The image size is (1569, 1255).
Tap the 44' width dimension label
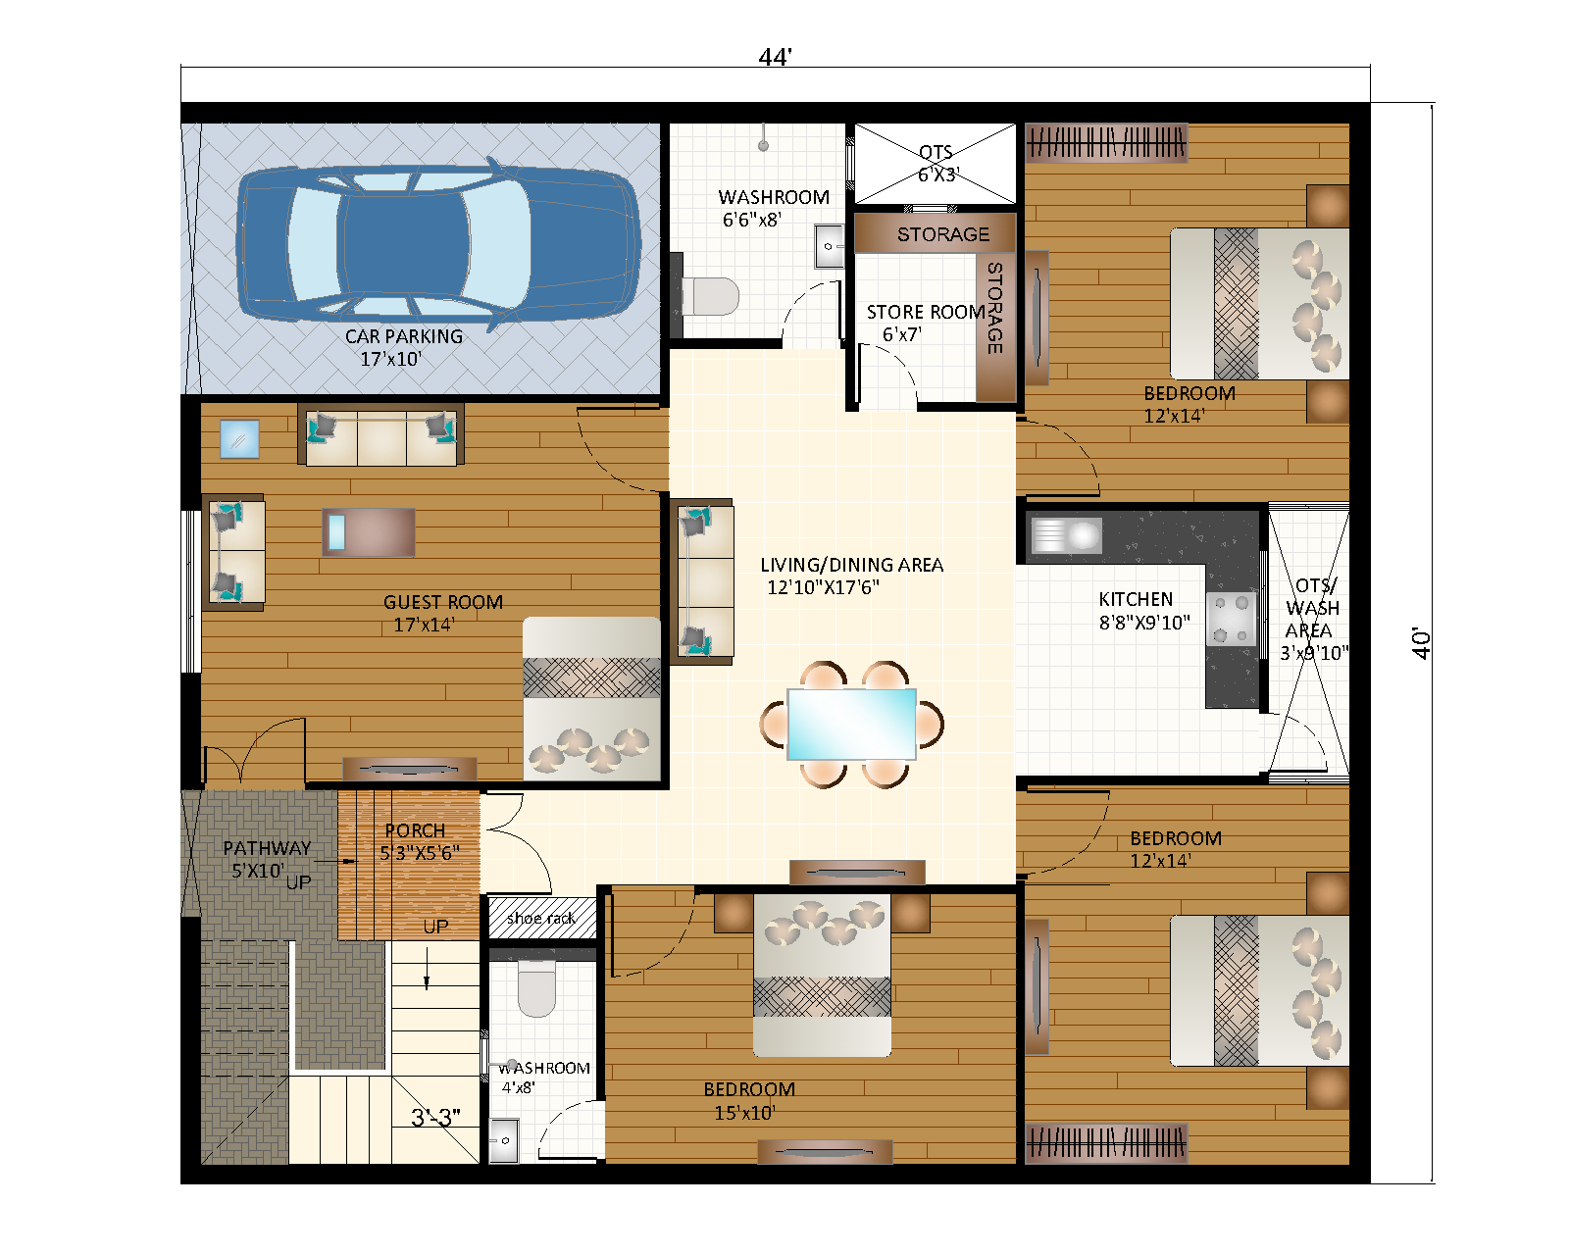coord(774,58)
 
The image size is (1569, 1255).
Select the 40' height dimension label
coord(1421,643)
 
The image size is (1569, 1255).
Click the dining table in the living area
coord(851,724)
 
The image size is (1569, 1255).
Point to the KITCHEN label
coord(1136,599)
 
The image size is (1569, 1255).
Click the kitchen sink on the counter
coord(1067,535)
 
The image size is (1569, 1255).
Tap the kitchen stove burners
coord(1232,619)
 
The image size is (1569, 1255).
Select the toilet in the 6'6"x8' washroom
coord(709,295)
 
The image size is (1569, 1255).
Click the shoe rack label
coord(541,918)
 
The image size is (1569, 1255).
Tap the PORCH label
coord(415,830)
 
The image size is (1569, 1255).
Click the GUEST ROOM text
coord(442,602)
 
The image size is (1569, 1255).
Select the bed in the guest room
coord(591,698)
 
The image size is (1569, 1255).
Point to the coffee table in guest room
coord(369,531)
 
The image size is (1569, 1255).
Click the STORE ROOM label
coord(925,312)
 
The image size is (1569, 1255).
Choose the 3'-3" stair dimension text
coord(435,1118)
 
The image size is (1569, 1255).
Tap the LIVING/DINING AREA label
coord(851,565)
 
